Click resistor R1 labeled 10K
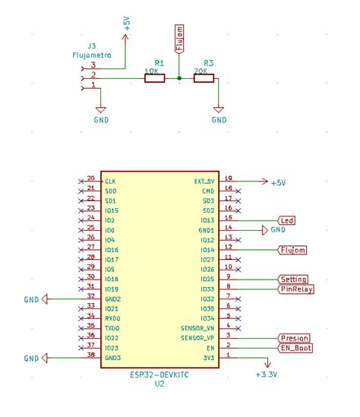(x=153, y=77)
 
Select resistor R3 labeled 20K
(x=204, y=77)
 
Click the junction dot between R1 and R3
(x=179, y=77)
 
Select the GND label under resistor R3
(x=219, y=120)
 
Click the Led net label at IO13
(x=287, y=220)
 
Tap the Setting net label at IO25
(x=293, y=280)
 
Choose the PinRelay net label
(x=296, y=289)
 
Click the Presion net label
(x=294, y=338)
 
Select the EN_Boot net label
(x=295, y=348)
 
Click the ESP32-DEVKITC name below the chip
(x=159, y=374)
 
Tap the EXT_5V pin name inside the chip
(x=205, y=181)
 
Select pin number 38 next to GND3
(x=90, y=355)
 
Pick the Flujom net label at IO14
(x=293, y=250)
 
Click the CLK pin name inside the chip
(x=110, y=181)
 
